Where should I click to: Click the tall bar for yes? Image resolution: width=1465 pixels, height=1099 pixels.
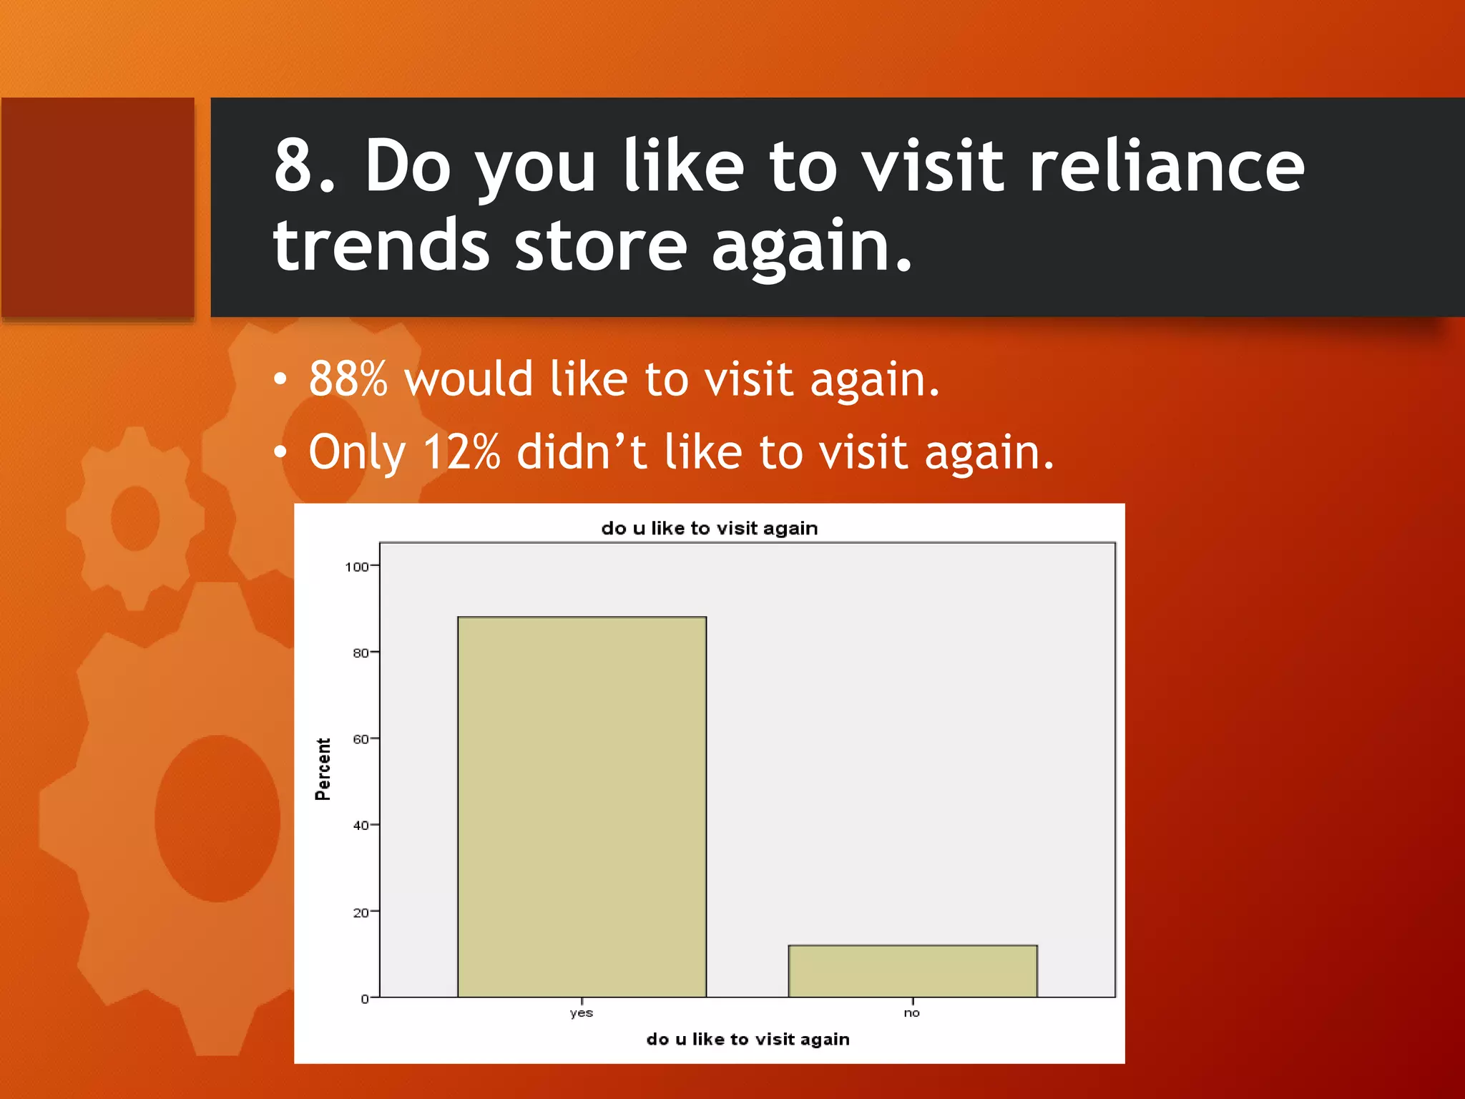(582, 806)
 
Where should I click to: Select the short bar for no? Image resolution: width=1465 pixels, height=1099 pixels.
(912, 971)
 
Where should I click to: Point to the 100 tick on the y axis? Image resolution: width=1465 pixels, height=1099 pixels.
(357, 567)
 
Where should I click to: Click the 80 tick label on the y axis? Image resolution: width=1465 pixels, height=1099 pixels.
(361, 653)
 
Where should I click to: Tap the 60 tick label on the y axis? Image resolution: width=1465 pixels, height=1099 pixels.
(361, 739)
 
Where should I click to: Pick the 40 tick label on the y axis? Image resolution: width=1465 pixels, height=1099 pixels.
(361, 826)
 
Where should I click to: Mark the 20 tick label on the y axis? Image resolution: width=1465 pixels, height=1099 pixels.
(361, 912)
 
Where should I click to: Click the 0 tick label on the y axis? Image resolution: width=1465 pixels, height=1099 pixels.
(365, 999)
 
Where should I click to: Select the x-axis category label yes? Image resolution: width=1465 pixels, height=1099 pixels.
(581, 1013)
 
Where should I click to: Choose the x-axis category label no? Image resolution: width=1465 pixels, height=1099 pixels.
(911, 1013)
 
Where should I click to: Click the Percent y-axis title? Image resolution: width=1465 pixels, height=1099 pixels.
(323, 769)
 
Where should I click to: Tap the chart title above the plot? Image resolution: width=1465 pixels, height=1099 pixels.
(709, 529)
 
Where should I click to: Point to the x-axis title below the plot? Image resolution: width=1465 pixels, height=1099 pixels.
(748, 1040)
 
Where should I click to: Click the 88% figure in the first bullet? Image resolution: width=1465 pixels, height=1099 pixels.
(348, 379)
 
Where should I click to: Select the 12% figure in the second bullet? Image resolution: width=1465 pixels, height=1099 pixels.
(461, 452)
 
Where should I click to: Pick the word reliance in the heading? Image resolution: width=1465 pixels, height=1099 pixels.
(1166, 166)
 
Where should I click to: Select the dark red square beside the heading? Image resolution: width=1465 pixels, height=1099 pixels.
(98, 207)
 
